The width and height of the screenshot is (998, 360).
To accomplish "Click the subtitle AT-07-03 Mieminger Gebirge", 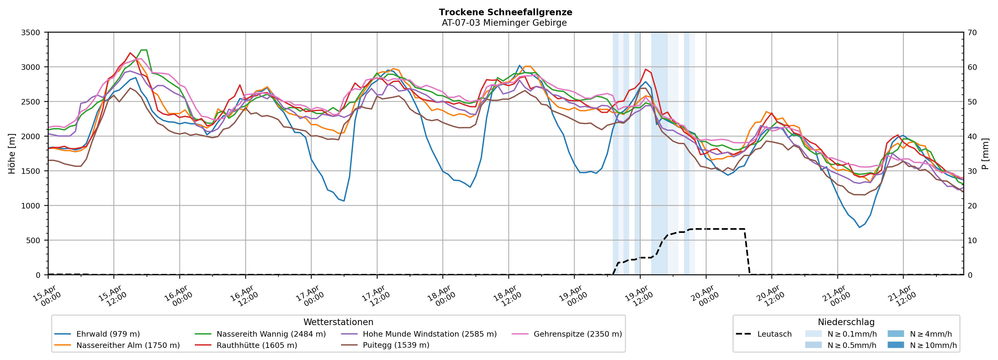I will pos(504,23).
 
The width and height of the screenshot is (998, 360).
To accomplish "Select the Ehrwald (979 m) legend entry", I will pos(108,334).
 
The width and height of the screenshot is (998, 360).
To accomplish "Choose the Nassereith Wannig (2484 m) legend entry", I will pos(271,334).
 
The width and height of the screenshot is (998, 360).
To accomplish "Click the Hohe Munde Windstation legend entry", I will pos(429,334).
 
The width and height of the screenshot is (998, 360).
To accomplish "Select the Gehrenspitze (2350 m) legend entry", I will pos(577,334).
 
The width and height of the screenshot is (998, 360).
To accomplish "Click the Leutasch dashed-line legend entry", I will pos(774,334).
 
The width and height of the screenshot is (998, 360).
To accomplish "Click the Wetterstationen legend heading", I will pos(338,322).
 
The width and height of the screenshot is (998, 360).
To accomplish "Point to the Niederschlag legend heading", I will pos(846,322).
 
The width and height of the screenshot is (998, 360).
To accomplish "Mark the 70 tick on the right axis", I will pos(972,33).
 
